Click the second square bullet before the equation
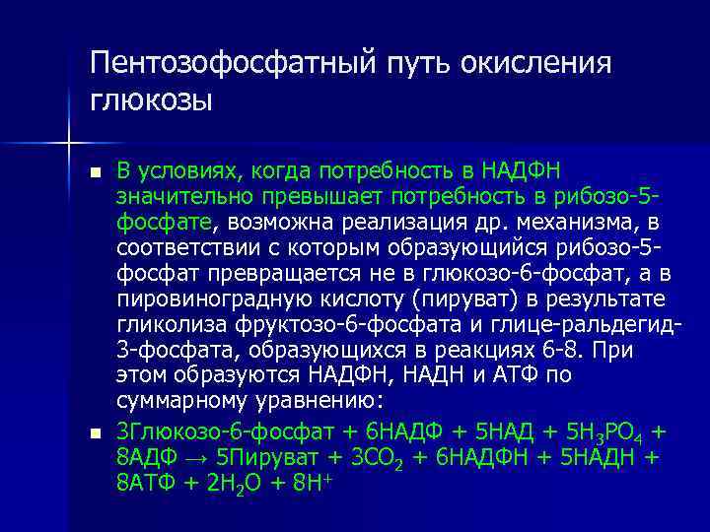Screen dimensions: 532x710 coord(95,434)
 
